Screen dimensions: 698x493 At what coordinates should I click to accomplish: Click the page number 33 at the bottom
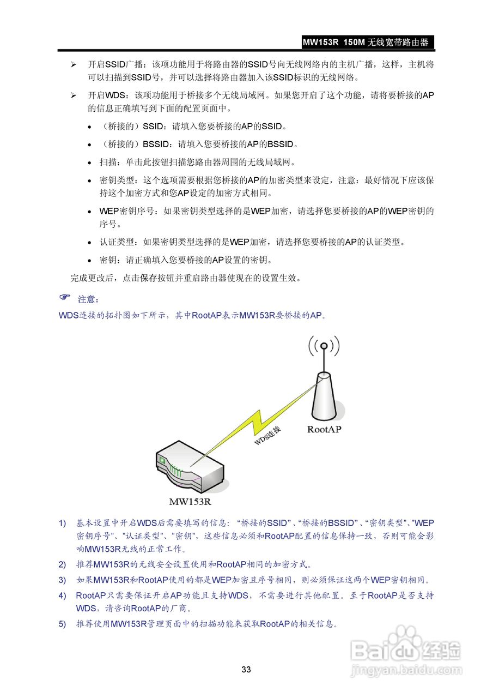[x=246, y=670]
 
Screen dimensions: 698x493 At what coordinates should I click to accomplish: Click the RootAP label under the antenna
[x=324, y=429]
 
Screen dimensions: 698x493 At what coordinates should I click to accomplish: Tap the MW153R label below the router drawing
[x=190, y=501]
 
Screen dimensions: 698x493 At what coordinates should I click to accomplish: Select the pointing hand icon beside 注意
[x=65, y=298]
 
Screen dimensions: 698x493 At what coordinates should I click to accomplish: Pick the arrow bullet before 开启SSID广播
[x=73, y=64]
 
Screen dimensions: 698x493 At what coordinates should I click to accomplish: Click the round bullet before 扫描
[x=89, y=163]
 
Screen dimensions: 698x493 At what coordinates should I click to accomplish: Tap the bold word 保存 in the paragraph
[x=149, y=278]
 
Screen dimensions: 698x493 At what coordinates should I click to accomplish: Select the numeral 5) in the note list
[x=63, y=624]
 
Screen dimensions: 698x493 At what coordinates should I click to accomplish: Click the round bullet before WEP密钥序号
[x=89, y=212]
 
